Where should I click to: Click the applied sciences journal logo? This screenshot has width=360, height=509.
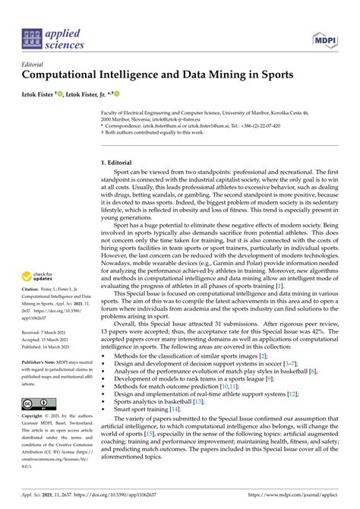coord(51,36)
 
